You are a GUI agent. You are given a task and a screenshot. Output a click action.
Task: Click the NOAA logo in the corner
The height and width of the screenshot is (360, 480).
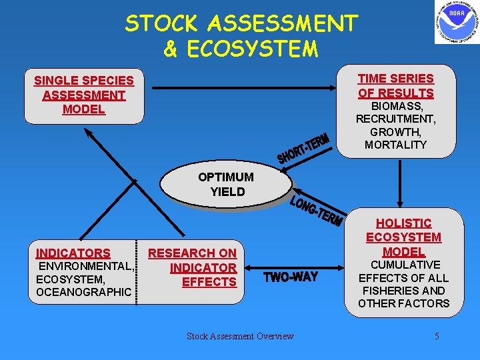[457, 22]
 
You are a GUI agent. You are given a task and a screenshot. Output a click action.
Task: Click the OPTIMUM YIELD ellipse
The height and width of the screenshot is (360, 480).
[227, 185]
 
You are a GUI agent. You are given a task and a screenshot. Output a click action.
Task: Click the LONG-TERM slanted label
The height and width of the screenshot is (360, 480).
[317, 210]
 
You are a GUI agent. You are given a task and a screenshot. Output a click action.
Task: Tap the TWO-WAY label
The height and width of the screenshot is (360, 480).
[291, 277]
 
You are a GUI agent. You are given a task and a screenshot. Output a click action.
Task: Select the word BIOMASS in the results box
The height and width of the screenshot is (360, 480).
[396, 107]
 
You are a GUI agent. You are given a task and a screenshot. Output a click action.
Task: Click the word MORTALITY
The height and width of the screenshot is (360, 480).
[396, 145]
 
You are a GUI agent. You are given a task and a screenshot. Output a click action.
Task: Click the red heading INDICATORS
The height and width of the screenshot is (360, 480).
[73, 253]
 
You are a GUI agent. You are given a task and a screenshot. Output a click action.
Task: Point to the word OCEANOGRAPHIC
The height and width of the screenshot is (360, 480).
[83, 292]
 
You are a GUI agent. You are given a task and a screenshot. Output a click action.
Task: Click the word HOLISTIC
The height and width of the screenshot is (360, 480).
[403, 223]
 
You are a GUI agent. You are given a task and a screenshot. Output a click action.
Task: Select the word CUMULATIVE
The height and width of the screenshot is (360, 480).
[403, 265]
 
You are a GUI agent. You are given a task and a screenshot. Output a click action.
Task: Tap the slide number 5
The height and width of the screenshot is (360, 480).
[437, 336]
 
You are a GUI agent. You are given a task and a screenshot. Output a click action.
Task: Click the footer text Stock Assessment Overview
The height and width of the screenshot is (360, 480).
[240, 336]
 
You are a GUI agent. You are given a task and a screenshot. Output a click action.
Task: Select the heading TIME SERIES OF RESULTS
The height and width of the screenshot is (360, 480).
[395, 86]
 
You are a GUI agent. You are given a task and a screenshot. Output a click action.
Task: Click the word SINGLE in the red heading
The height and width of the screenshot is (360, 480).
[56, 81]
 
